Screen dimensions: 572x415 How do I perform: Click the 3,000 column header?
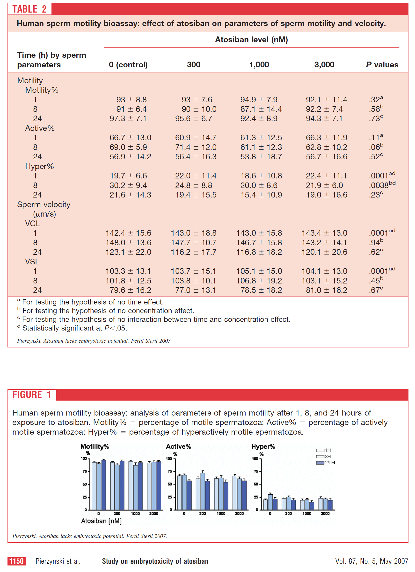click(324, 64)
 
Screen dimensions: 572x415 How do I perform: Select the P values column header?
click(382, 64)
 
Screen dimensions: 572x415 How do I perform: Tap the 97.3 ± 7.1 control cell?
click(128, 119)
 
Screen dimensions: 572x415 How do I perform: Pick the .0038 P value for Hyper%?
click(382, 185)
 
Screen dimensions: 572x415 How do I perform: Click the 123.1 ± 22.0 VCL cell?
click(128, 252)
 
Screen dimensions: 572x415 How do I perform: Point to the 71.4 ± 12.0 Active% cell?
click(196, 147)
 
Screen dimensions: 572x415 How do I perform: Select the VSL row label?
click(32, 261)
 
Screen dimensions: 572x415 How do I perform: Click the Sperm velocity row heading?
click(44, 205)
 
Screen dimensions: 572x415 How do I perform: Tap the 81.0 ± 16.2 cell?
click(326, 290)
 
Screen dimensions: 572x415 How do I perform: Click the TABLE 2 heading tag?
click(29, 9)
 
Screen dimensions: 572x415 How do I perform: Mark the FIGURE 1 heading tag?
click(32, 395)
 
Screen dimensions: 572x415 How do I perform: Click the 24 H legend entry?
click(326, 463)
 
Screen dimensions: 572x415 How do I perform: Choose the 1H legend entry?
click(323, 450)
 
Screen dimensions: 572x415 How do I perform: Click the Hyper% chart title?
click(263, 447)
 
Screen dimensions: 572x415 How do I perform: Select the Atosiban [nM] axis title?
click(101, 521)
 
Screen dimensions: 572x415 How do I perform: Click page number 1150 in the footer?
click(17, 561)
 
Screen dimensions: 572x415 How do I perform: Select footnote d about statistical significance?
click(72, 328)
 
